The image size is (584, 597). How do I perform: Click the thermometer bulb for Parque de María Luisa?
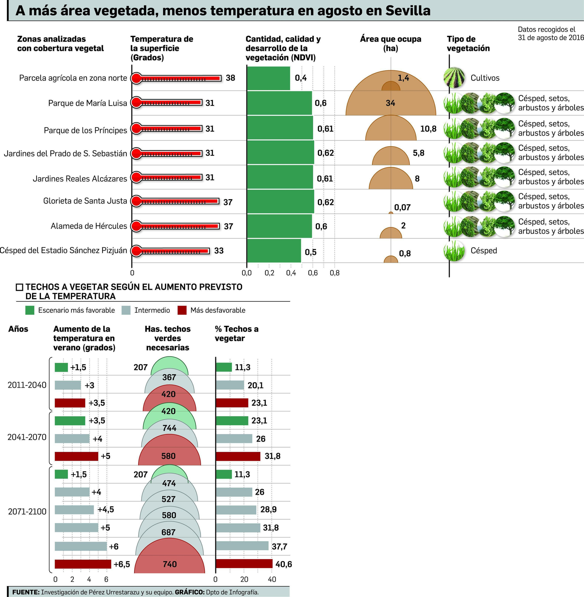point(136,103)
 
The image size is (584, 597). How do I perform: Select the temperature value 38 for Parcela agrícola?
point(230,78)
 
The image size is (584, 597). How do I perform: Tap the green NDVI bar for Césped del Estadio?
point(274,251)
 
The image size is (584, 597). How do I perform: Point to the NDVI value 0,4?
point(301,78)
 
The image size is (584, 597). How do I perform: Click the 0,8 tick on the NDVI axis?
point(334,273)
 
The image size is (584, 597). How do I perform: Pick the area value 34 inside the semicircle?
point(390,103)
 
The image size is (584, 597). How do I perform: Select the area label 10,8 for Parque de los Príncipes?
point(428,129)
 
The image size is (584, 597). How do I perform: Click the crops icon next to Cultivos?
point(454,77)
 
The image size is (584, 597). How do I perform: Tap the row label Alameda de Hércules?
point(89,226)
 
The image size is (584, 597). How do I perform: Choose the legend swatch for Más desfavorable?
point(182,310)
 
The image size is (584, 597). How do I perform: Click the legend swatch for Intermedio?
point(126,310)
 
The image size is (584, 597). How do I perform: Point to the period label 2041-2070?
point(27,437)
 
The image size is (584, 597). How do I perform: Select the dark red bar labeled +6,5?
point(83,564)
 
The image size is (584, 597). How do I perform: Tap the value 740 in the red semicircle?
point(169,564)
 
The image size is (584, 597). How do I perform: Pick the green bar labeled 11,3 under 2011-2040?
point(224,367)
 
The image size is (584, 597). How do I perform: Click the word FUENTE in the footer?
point(26,592)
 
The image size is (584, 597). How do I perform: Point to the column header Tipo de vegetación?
point(468,43)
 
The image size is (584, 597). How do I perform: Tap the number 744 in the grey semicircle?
point(169,428)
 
